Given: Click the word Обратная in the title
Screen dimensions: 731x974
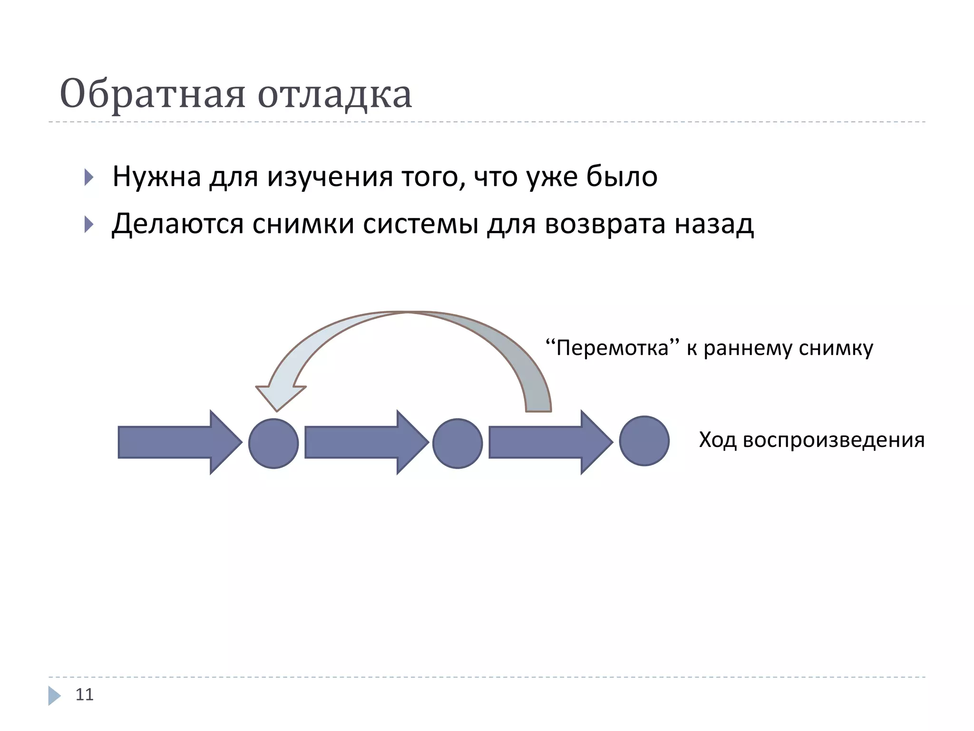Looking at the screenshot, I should pos(152,94).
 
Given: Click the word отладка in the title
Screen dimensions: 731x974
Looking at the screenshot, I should pos(335,94).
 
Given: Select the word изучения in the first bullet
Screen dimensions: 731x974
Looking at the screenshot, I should pos(330,177).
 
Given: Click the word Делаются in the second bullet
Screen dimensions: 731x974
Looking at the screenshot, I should pos(177,224).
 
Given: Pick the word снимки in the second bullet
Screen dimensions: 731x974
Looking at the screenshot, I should pos(303,224).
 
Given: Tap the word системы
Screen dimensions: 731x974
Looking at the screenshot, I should pos(420,224).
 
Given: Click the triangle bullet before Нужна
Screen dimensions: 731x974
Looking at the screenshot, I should pos(88,177).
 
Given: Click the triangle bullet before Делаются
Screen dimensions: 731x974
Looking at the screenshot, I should pos(88,224).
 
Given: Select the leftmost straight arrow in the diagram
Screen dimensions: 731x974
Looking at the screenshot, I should pos(178,442).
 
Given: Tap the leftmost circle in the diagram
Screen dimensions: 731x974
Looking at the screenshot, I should pos(273,443).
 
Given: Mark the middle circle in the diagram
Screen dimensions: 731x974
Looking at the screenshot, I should pos(458,443).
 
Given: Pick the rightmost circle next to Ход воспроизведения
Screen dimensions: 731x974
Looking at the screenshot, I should pos(644,441).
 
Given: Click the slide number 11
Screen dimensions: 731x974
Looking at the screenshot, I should pos(85,694).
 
